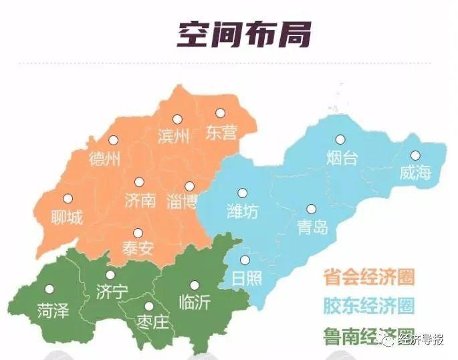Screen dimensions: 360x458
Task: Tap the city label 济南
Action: coord(140,200)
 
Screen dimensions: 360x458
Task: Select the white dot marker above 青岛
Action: coord(311,209)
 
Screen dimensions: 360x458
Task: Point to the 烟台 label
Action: coord(343,159)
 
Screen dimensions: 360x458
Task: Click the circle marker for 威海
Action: coord(415,155)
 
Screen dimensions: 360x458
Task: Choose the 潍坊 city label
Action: coord(241,211)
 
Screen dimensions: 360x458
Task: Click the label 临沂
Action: coord(195,302)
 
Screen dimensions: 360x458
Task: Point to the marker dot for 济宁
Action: coord(110,274)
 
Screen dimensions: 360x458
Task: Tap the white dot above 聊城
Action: coord(67,198)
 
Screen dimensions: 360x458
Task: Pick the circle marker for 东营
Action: coord(219,114)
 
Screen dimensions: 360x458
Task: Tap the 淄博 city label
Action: coord(182,203)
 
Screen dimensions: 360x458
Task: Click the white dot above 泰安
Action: coord(138,233)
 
